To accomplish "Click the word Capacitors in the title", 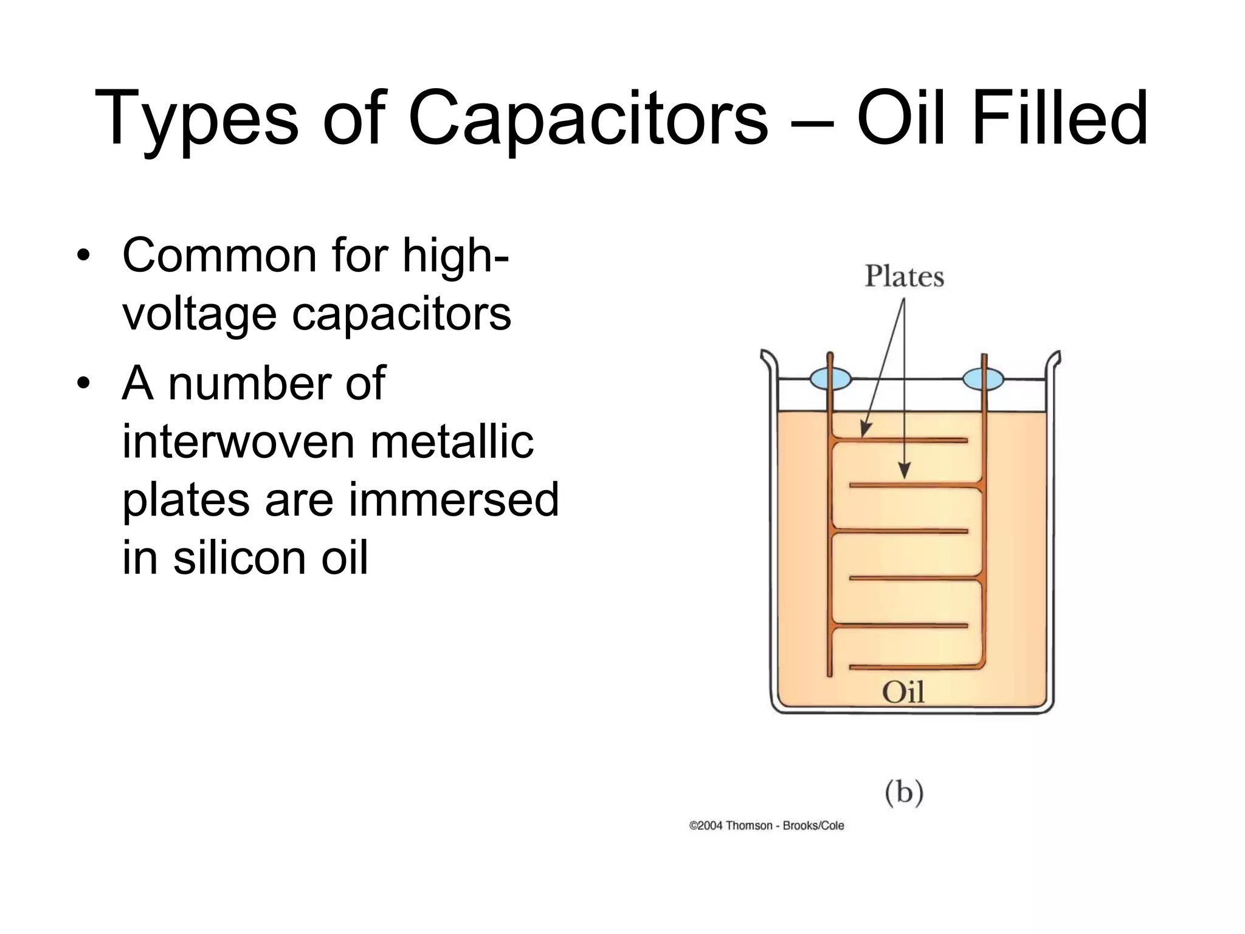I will (588, 119).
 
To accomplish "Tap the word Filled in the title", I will (1059, 119).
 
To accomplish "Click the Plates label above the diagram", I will (904, 277).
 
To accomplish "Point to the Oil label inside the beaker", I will (903, 693).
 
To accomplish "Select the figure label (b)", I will (904, 793).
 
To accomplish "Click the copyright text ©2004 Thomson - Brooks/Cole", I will (766, 826).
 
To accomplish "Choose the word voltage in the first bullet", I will (199, 315).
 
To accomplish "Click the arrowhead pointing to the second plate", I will (905, 471).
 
